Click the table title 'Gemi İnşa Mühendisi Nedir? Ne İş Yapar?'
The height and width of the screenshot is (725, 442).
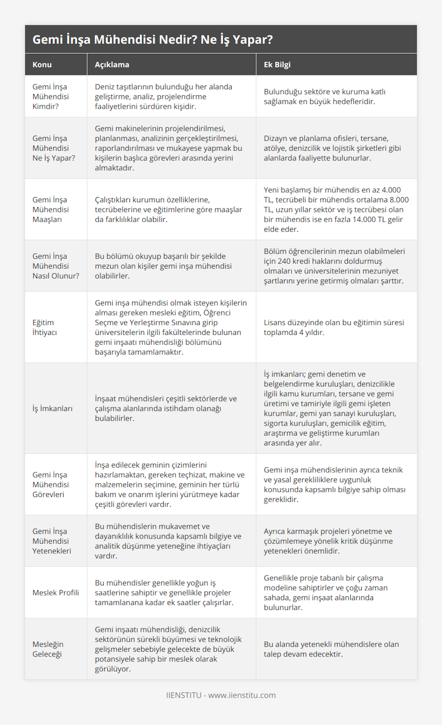pyautogui.click(x=152, y=39)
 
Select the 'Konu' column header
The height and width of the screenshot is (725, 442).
pyautogui.click(x=42, y=65)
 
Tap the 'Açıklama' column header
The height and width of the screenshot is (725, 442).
pyautogui.click(x=112, y=65)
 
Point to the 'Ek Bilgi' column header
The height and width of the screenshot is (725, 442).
pyautogui.click(x=277, y=65)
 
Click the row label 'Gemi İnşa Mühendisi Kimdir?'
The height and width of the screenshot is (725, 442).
pyautogui.click(x=50, y=97)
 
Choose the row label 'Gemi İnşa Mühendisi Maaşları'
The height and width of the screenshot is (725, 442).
pyautogui.click(x=50, y=209)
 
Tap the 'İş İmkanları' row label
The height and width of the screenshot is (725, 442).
pyautogui.click(x=52, y=408)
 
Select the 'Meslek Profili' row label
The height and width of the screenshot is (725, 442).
pyautogui.click(x=56, y=592)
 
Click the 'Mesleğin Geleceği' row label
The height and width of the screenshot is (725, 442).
pyautogui.click(x=48, y=649)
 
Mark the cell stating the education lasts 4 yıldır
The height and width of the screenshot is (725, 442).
pyautogui.click(x=334, y=327)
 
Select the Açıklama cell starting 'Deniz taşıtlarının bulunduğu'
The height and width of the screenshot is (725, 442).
pyautogui.click(x=164, y=97)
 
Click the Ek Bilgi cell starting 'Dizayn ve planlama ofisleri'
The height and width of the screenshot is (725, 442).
pyautogui.click(x=332, y=148)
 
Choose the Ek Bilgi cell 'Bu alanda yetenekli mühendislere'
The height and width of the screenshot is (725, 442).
pyautogui.click(x=331, y=649)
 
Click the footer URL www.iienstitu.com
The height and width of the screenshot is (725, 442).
pyautogui.click(x=242, y=695)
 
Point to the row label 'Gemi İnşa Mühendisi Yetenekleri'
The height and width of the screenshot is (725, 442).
pyautogui.click(x=52, y=541)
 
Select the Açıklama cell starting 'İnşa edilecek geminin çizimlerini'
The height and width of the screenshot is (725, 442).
pyautogui.click(x=169, y=484)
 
